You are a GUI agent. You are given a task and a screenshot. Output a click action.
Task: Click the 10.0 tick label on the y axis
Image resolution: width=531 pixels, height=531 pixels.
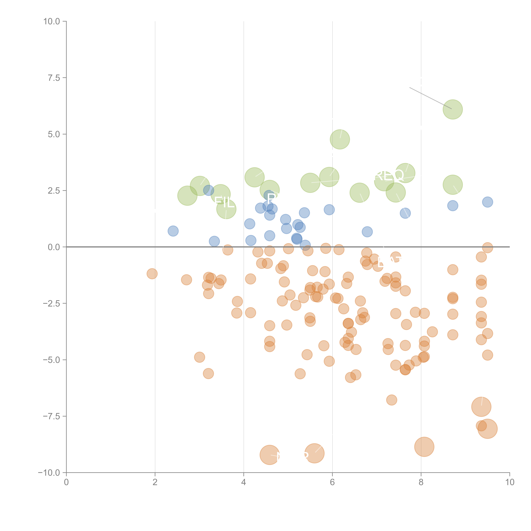point(52,21)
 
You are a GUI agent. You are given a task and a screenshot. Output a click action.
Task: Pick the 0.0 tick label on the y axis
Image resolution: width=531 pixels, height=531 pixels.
point(54,247)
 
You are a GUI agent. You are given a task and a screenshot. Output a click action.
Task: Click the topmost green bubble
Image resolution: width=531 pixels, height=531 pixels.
point(453,109)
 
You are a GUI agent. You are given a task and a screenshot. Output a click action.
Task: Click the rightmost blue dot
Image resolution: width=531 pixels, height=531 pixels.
point(487,202)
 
